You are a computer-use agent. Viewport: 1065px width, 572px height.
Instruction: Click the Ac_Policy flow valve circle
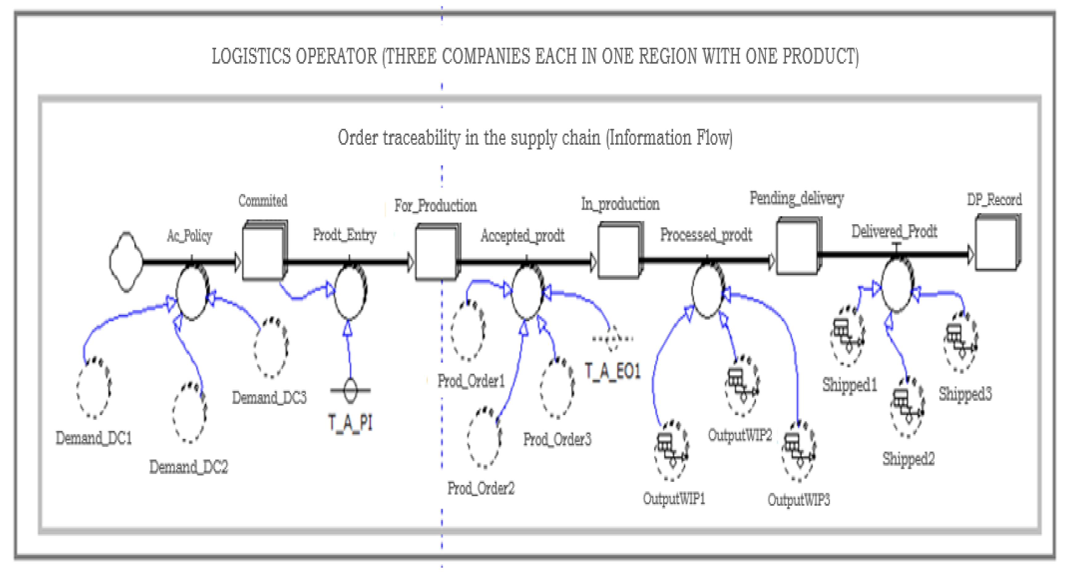pyautogui.click(x=192, y=292)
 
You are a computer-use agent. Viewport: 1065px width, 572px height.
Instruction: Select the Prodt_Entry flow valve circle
pyautogui.click(x=350, y=292)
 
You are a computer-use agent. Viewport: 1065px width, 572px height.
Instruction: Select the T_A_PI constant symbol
pyautogui.click(x=350, y=390)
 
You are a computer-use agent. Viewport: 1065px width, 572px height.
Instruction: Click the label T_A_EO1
pyautogui.click(x=613, y=371)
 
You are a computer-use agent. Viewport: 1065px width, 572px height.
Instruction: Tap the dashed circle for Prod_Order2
pyautogui.click(x=484, y=438)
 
